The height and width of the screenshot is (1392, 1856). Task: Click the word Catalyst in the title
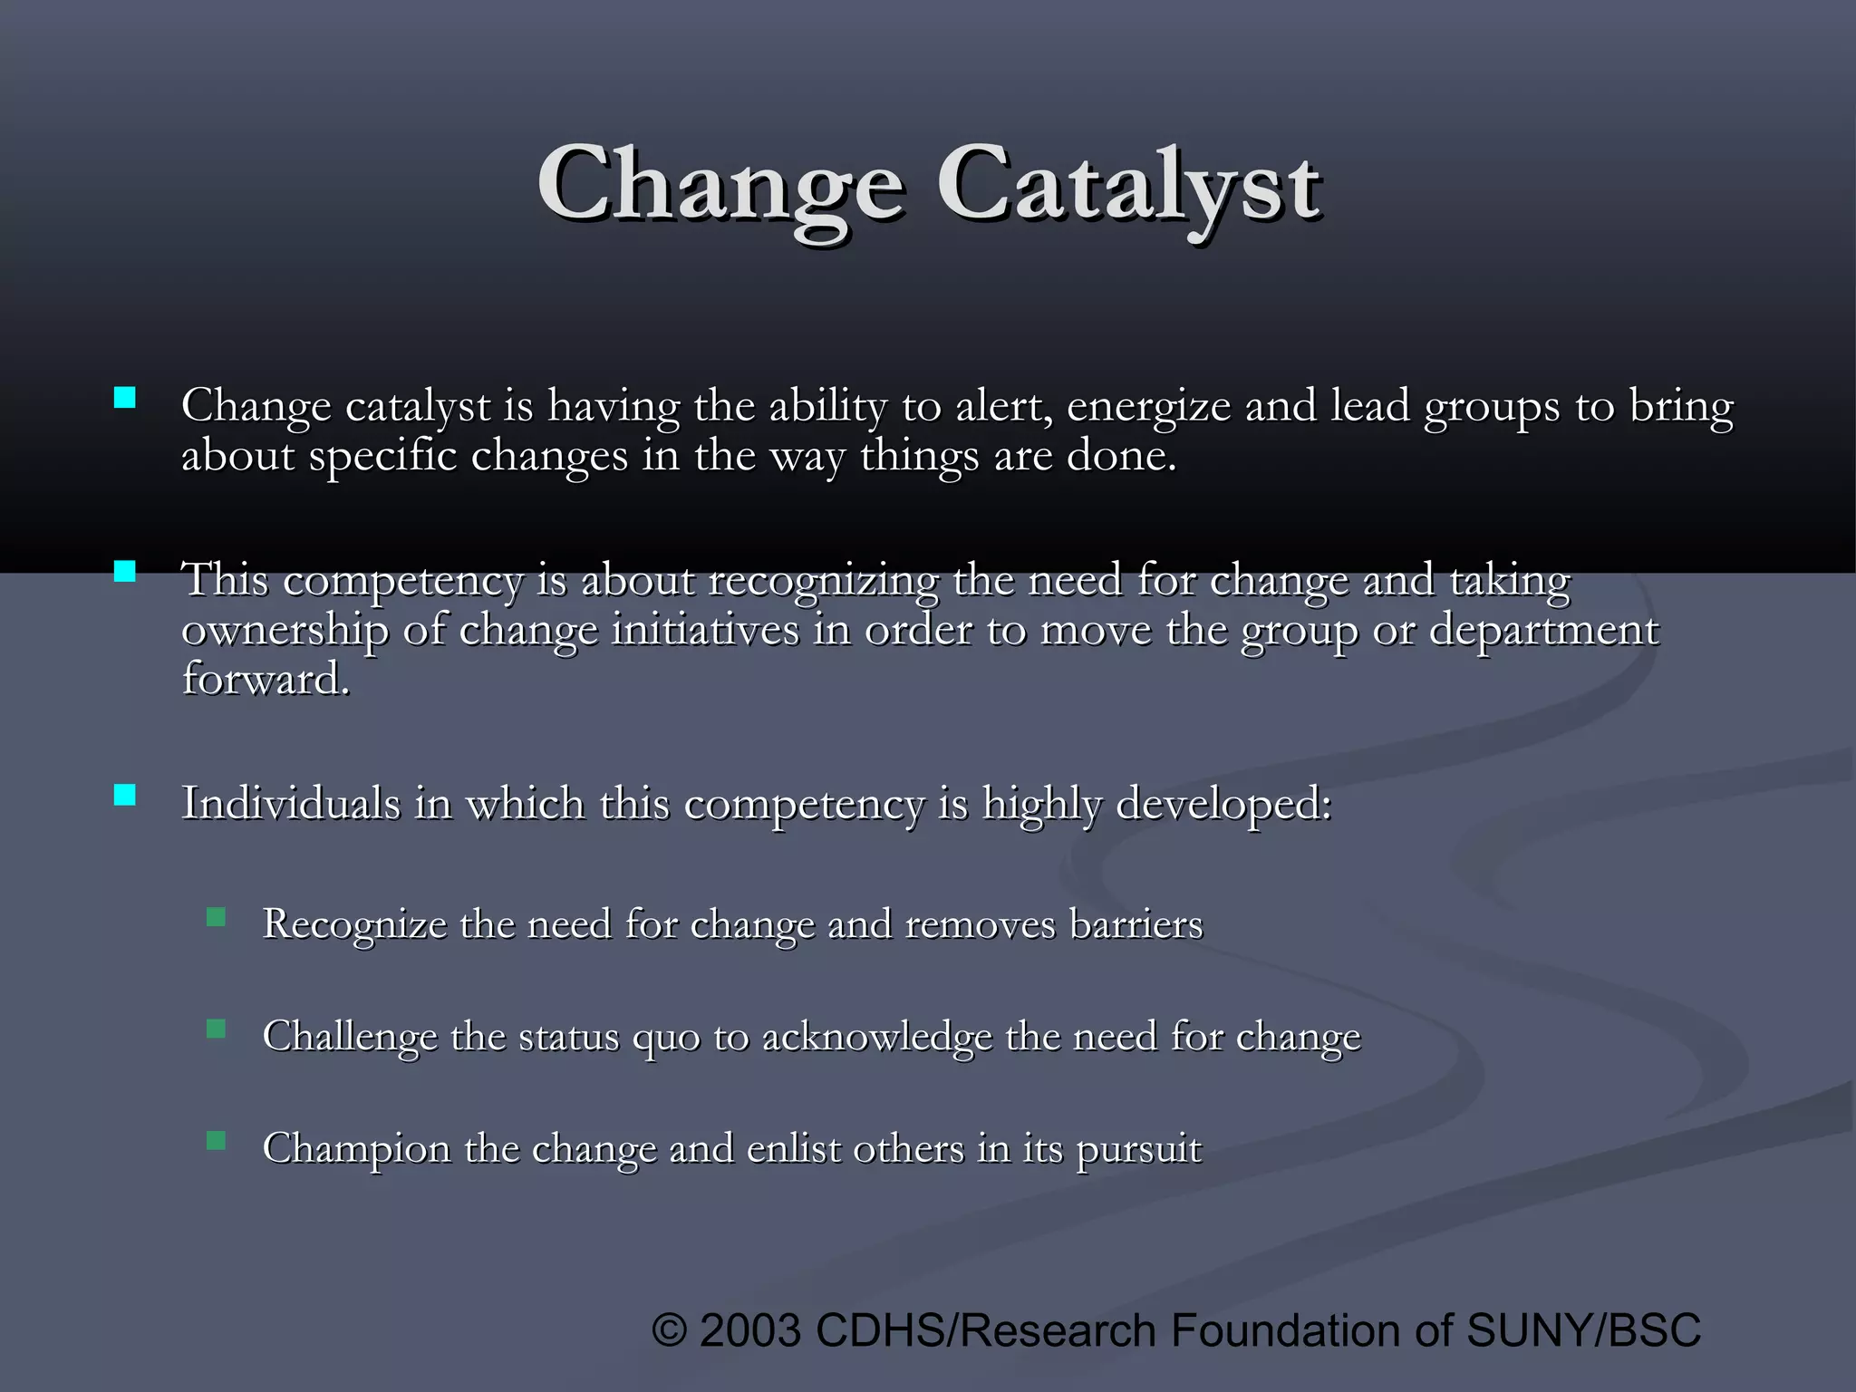(1128, 186)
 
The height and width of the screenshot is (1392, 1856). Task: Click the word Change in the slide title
(720, 186)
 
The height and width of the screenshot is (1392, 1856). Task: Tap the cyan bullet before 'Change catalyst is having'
(125, 398)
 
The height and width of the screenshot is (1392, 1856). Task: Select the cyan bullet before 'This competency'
(125, 571)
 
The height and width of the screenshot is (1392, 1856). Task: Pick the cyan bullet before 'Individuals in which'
(125, 795)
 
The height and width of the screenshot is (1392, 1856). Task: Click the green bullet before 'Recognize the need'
(216, 917)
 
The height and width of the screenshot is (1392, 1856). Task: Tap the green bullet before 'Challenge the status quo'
(216, 1029)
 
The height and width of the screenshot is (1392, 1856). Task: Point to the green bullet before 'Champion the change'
(216, 1140)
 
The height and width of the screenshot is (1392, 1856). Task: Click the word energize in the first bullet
(1148, 408)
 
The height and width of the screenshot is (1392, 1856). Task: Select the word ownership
(285, 631)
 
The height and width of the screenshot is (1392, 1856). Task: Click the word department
(1543, 631)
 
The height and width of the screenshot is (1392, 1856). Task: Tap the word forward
(265, 680)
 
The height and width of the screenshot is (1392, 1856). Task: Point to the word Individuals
(290, 803)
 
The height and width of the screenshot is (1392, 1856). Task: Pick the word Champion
(356, 1149)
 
